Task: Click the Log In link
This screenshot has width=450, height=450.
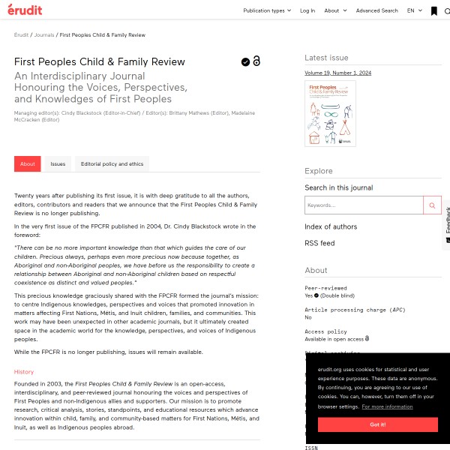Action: pos(307,10)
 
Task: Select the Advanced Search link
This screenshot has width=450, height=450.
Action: pos(377,10)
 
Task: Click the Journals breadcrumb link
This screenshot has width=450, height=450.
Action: pos(43,35)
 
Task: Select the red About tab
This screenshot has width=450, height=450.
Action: pos(28,163)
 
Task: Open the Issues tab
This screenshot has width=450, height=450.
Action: pos(58,163)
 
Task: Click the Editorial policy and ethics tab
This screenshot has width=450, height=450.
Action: pos(112,163)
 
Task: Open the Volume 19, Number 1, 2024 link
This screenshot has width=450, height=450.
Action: pos(337,73)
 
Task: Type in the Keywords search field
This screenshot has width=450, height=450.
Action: pos(364,205)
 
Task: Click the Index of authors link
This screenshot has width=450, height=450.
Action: pos(331,226)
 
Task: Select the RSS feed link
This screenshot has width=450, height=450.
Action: pos(319,243)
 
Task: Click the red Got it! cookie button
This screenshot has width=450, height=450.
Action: pos(378,424)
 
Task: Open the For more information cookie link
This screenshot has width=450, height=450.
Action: pos(388,406)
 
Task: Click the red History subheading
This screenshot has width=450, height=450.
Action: pos(24,372)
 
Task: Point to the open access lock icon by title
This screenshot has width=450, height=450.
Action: pos(256,61)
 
